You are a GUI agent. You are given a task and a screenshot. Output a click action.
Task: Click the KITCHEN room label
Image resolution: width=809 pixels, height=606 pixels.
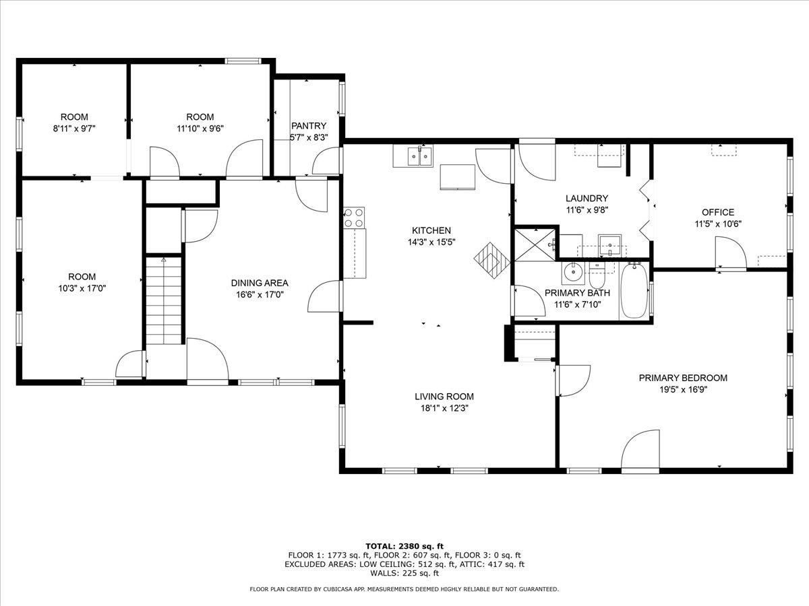[433, 230]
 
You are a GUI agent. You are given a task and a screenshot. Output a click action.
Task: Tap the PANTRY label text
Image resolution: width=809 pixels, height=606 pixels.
[309, 126]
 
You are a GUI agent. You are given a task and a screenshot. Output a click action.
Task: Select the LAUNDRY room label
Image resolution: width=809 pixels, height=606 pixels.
[587, 198]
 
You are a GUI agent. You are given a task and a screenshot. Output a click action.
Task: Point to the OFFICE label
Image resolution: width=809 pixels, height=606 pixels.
[718, 212]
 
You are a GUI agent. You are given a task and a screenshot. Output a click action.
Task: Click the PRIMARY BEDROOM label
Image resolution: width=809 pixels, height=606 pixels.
[683, 378]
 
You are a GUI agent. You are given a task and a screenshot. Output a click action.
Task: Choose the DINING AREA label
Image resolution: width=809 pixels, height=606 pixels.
[260, 283]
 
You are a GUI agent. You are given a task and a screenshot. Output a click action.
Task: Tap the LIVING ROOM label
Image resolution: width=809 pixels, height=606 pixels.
[444, 397]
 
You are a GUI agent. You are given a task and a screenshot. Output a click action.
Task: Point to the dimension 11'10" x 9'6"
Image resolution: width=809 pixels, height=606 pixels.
[200, 128]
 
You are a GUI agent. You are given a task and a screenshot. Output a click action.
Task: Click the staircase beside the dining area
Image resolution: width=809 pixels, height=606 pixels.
[164, 300]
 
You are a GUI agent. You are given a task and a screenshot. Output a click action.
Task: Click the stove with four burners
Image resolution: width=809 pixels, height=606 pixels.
[354, 217]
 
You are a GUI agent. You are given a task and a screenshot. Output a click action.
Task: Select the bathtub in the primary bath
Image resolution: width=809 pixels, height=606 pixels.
[634, 291]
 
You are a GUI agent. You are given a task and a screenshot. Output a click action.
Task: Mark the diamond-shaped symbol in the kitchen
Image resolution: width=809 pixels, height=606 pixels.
[490, 260]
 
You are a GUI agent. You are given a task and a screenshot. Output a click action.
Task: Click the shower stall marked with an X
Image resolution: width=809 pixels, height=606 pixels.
[535, 244]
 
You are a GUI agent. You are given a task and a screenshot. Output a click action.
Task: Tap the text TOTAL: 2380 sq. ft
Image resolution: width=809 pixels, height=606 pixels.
[404, 545]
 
